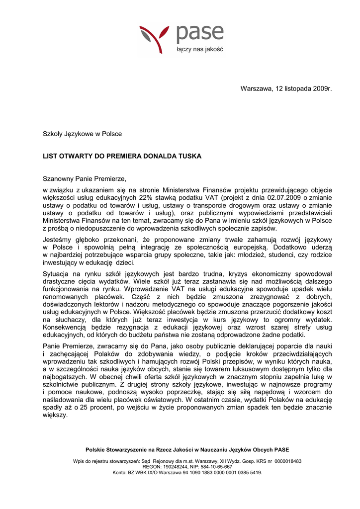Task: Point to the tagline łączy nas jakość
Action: tap(200, 50)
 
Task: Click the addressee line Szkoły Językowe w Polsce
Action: tap(82, 134)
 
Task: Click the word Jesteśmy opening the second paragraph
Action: tap(57, 239)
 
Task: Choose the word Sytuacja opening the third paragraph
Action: tap(56, 273)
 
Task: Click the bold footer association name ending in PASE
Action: tap(187, 450)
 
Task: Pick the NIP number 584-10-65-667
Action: tap(214, 467)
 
